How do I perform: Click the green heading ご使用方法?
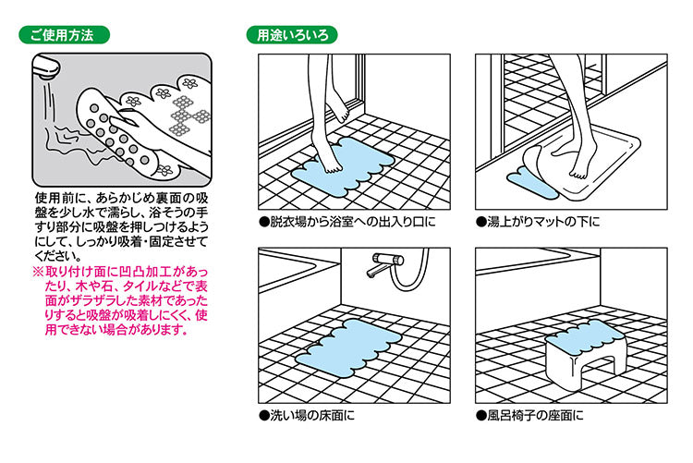64,35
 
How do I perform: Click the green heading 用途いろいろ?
292,35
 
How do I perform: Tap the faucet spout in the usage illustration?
46,67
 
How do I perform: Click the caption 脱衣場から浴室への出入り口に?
348,222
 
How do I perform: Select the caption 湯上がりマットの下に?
539,222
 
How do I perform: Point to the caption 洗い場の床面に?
308,415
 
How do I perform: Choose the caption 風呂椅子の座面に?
530,415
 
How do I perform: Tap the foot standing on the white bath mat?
580,166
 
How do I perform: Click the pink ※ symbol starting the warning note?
40,272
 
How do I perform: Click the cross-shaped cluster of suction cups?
189,116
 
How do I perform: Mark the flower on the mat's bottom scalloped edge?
164,170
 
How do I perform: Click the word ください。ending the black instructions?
58,256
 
